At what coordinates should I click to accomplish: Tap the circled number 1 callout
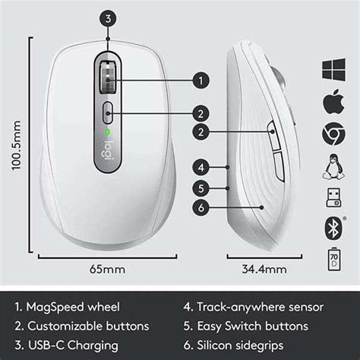click(201, 79)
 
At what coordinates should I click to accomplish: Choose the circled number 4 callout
click(201, 166)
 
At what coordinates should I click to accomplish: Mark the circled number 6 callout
click(201, 207)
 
